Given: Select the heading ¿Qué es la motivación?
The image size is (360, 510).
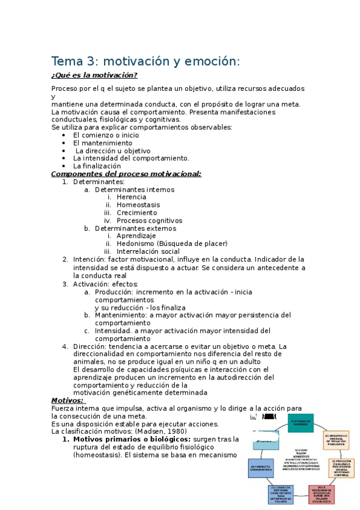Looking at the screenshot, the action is coord(94,75).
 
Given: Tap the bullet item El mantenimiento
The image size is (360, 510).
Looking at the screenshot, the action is coord(102,143).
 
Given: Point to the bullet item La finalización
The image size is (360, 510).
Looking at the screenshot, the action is coord(97,166).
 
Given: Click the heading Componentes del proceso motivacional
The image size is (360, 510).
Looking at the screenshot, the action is coord(126,174).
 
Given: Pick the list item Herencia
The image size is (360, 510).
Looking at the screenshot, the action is coord(131,197).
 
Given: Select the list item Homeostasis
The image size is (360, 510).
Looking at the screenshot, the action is coord(138,205).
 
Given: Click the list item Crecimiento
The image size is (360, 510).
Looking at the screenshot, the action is coord(137,213).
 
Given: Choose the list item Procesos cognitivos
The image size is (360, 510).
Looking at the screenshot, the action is coord(149,221).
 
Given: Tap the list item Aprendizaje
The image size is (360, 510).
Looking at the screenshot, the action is coord(136,236).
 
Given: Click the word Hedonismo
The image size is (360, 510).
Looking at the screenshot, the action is coord(136,244).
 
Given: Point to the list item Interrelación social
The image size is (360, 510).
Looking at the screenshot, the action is coord(148,251).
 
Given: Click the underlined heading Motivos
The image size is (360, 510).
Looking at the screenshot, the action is coord(67,400).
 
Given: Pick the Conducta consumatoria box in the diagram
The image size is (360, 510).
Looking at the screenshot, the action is coord(260,468).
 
